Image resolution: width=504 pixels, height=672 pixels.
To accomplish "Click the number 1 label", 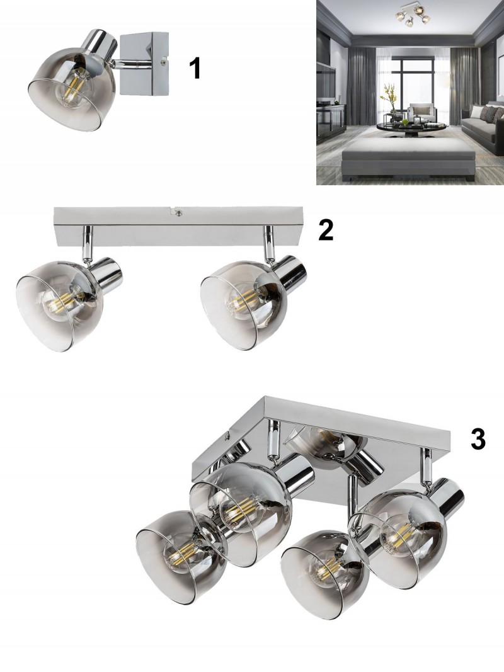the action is [x=195, y=69].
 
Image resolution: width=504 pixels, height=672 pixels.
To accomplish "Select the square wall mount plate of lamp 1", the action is [x=144, y=65].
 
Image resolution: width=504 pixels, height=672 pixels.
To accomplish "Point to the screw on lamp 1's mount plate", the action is [x=163, y=62].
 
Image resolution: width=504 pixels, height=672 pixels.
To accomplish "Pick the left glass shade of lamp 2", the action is [x=60, y=305].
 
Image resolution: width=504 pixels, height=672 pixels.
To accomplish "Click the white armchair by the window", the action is [x=421, y=112].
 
